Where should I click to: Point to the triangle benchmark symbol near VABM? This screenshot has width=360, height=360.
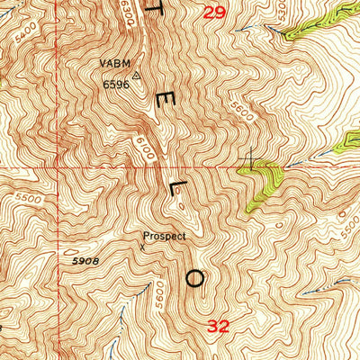click(x=137, y=76)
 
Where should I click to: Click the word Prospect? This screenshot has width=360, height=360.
click(x=164, y=237)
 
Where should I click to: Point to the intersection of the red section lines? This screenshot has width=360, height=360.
click(x=56, y=166)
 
